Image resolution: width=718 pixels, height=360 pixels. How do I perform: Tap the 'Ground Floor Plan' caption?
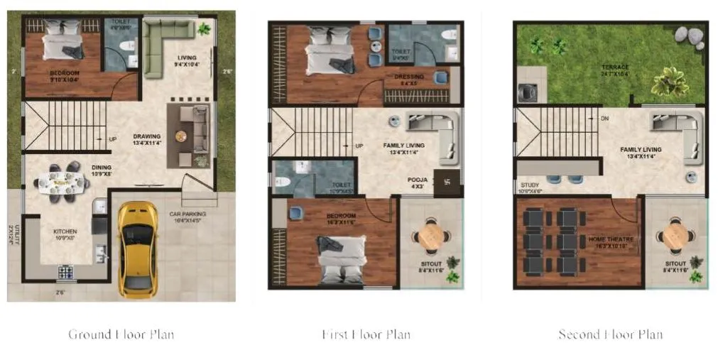[x=121, y=334]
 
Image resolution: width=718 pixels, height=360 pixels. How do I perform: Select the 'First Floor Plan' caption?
[x=366, y=334]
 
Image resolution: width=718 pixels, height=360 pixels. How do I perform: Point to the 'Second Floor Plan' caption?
[x=610, y=334]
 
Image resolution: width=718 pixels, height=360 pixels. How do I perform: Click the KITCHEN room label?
[x=65, y=231]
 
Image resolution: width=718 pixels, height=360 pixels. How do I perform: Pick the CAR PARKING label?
[x=187, y=213]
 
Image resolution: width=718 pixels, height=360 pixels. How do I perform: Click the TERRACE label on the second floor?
[x=615, y=67]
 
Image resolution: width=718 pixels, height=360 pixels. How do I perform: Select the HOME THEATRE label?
[x=608, y=239]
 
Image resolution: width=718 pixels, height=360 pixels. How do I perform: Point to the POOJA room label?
[x=418, y=180]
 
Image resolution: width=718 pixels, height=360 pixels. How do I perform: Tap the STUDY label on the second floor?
[x=530, y=185]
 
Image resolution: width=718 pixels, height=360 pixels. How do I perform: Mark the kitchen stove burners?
[x=66, y=271]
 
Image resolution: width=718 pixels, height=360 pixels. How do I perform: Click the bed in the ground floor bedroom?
[x=63, y=40]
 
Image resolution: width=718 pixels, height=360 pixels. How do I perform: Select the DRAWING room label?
[x=147, y=136]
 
